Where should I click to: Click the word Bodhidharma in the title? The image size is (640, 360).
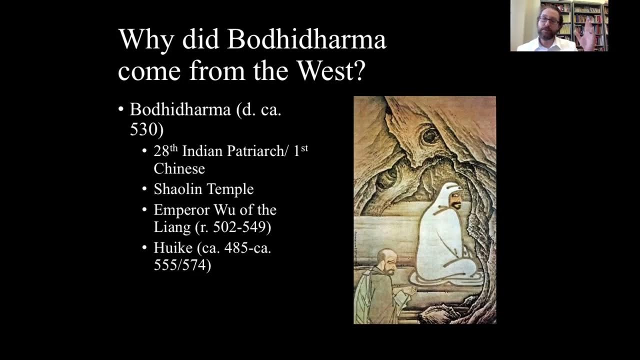tap(306, 39)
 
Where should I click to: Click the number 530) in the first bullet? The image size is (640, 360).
tap(146, 129)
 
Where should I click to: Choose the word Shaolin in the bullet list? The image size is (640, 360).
tap(177, 189)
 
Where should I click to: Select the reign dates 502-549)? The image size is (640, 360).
tap(242, 227)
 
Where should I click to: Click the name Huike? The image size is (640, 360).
tap(173, 248)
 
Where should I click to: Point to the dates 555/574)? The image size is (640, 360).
tap(182, 265)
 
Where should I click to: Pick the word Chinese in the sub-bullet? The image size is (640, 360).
tap(179, 168)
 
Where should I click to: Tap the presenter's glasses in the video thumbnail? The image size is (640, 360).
tap(549, 20)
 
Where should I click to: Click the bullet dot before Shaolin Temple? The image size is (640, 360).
tap(144, 189)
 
